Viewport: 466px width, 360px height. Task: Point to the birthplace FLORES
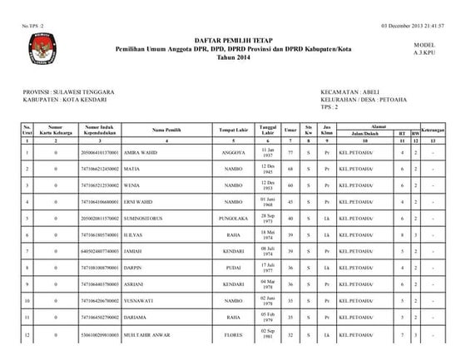pos(233,334)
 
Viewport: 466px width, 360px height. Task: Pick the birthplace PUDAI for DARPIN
pos(233,268)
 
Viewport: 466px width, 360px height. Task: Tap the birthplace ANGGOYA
pos(233,152)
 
